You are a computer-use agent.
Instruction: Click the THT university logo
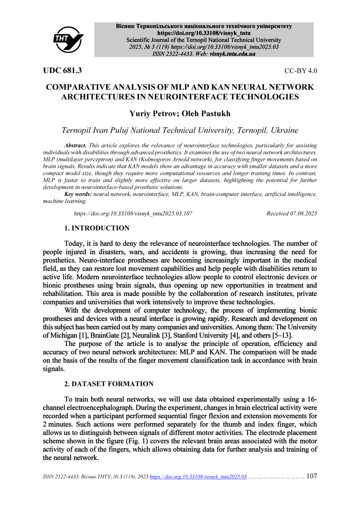68,39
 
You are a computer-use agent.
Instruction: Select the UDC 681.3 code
62,71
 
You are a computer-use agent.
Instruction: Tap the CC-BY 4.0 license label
300,71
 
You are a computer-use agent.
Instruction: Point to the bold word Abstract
75,146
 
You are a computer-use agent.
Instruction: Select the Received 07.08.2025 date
291,213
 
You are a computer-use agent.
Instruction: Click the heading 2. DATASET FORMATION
109,384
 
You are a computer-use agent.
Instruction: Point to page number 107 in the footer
312,476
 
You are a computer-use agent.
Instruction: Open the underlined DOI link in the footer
198,477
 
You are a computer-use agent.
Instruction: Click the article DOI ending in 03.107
133,213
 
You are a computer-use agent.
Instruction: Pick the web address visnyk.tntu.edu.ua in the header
232,54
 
